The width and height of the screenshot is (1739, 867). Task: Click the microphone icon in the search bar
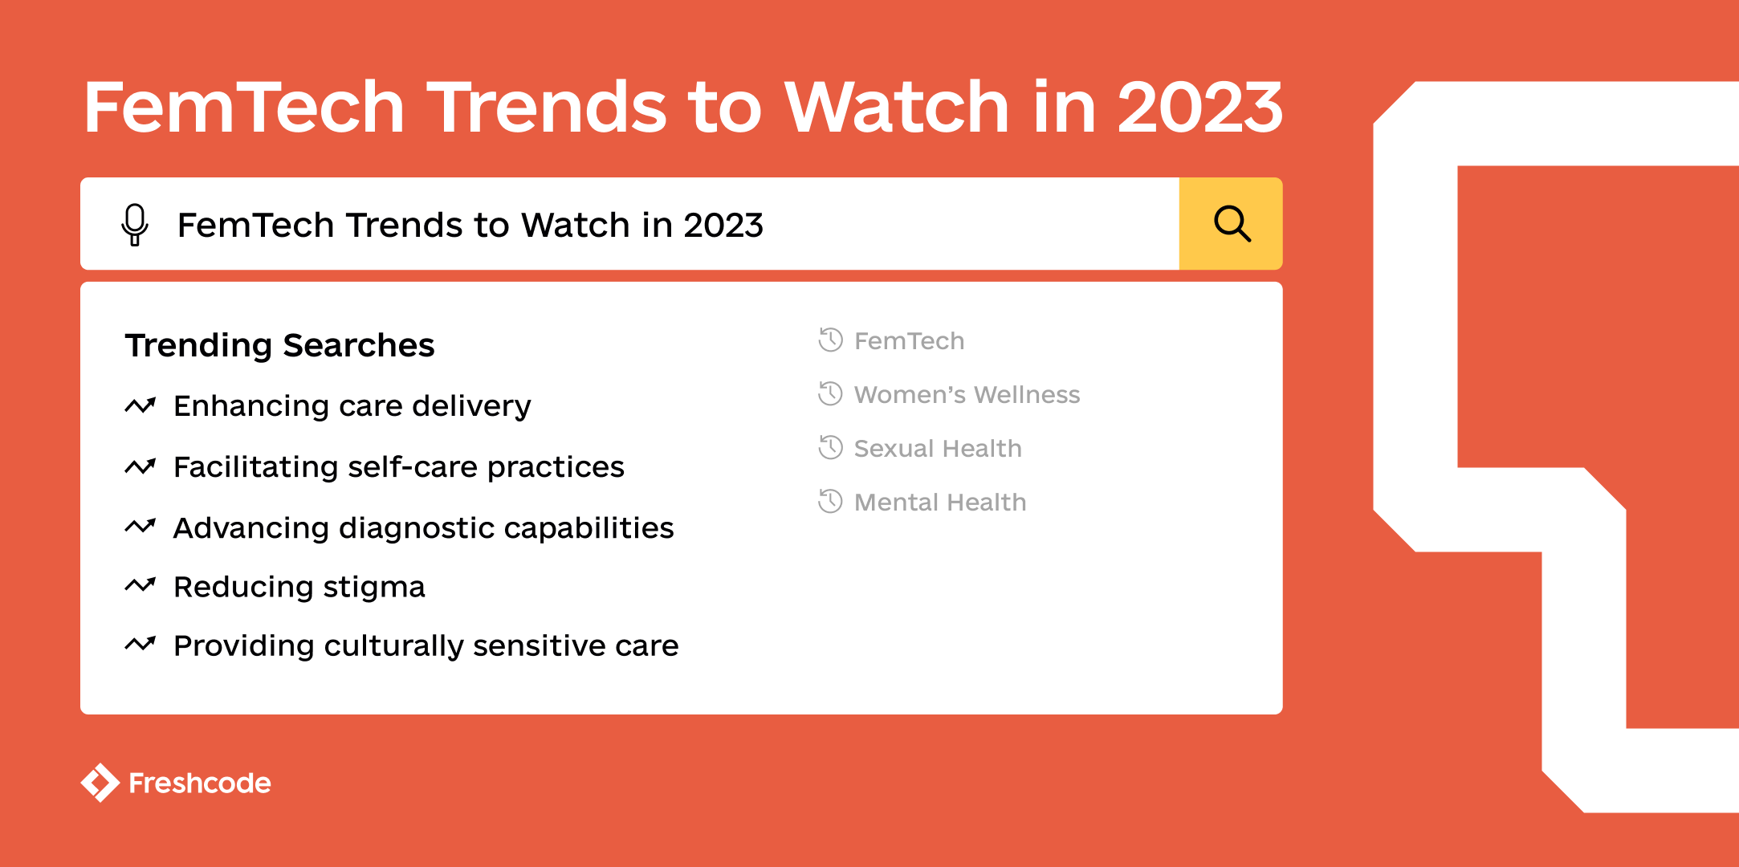tap(135, 224)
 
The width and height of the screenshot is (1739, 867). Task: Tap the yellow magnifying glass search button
tap(1231, 224)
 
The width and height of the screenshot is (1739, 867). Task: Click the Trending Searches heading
tap(279, 345)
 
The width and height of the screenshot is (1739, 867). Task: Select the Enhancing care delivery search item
tap(352, 406)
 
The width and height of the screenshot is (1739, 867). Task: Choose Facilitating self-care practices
tap(398, 467)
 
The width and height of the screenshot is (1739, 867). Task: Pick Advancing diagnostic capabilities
tap(423, 528)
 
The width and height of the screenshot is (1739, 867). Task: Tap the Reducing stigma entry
tap(299, 587)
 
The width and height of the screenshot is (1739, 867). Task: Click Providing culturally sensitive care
tap(426, 646)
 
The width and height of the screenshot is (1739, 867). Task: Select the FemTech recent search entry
tap(909, 341)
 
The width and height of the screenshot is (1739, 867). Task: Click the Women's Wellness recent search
tap(967, 395)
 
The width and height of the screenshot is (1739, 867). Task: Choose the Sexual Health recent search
tap(938, 449)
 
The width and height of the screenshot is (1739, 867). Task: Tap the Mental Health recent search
tap(940, 503)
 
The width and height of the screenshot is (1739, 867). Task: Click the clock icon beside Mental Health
tap(830, 502)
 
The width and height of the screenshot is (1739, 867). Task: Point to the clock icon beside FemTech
tap(830, 340)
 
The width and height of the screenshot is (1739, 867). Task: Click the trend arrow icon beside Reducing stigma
tap(140, 586)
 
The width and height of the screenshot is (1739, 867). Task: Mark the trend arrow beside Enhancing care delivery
tap(140, 405)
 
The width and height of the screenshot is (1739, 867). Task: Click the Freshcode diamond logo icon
tap(100, 783)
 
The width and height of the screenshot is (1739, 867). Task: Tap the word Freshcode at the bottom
tap(200, 784)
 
